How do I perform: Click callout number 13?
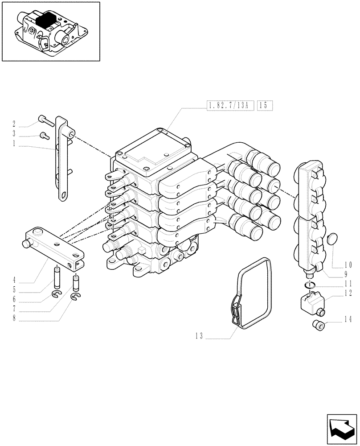click(199, 337)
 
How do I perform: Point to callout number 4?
click(14, 281)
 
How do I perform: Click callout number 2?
click(14, 124)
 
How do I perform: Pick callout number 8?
click(14, 318)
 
